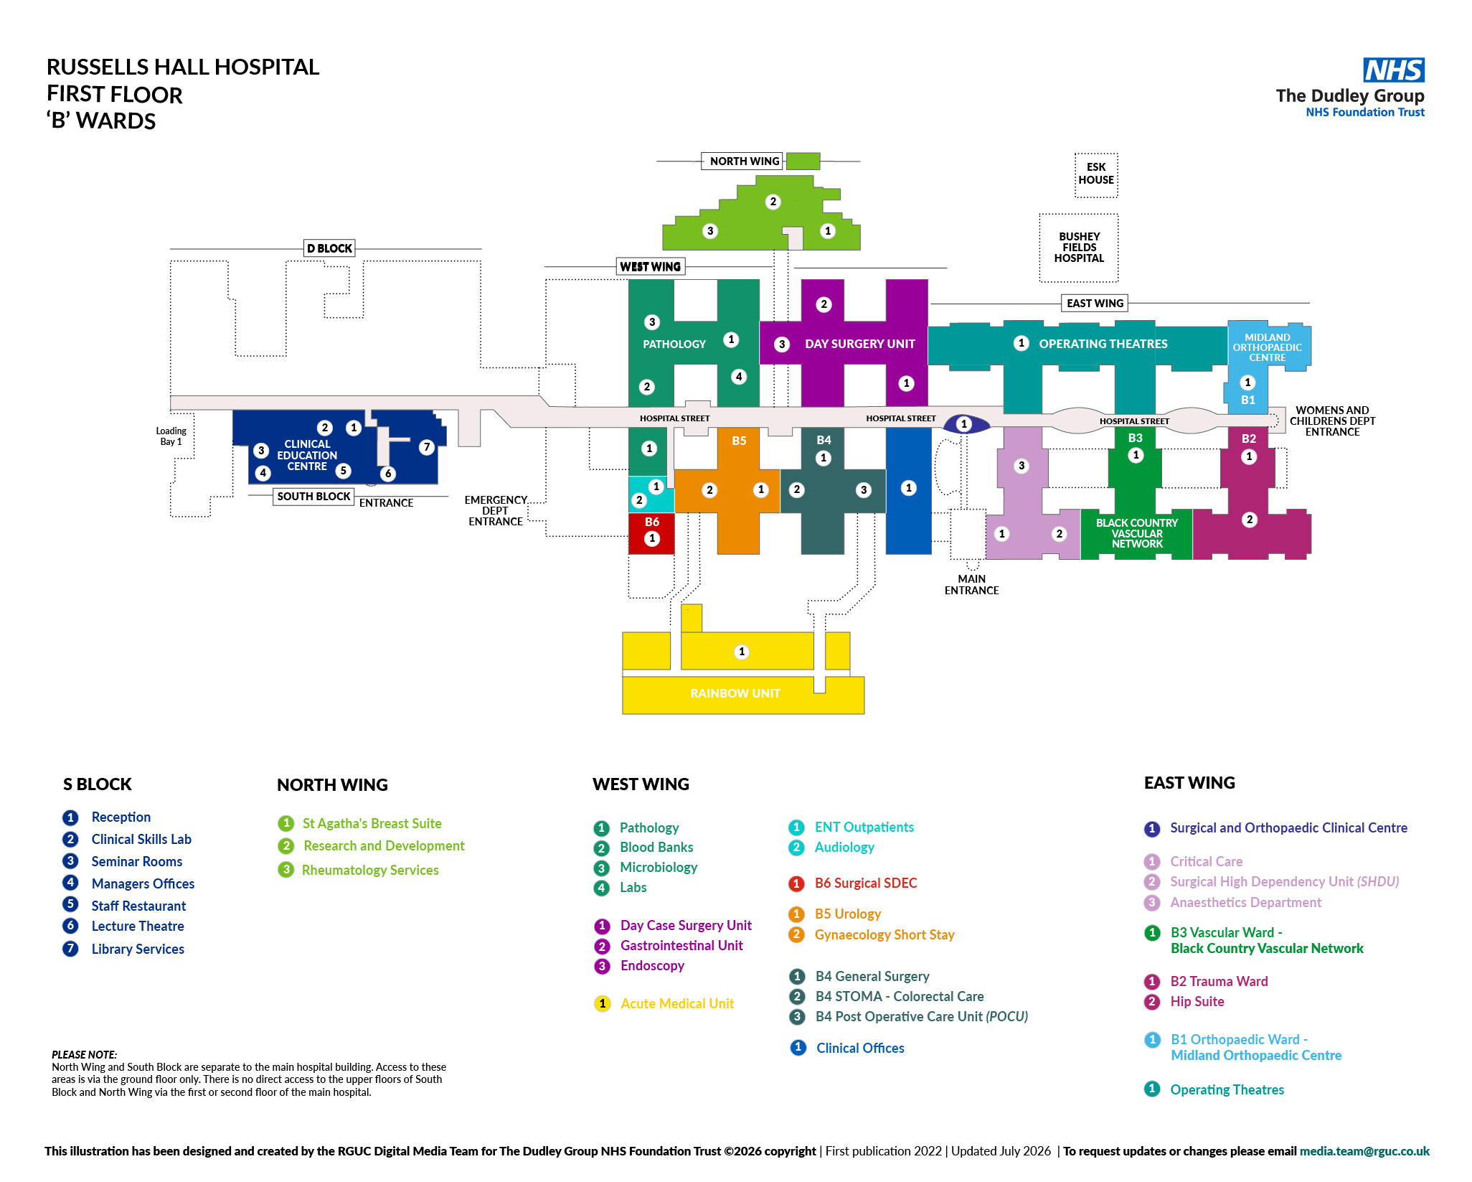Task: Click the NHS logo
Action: pos(1393,70)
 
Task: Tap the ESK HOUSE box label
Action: pos(1096,174)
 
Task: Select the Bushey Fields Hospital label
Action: pos(1079,248)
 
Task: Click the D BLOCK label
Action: pos(330,248)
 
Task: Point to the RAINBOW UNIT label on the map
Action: pos(735,693)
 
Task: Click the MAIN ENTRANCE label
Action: pos(971,585)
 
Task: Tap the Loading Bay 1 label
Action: pos(171,436)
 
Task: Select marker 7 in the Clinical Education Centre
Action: pos(427,447)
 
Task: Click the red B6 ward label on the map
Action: pos(652,522)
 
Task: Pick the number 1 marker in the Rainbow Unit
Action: pos(742,652)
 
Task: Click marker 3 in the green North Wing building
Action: pos(710,231)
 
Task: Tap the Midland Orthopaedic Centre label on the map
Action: pos(1268,347)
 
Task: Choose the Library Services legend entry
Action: pos(138,949)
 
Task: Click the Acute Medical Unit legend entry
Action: pos(677,1003)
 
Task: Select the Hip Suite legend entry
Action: pos(1197,1001)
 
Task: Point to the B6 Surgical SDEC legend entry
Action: pos(866,883)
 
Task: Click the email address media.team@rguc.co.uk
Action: pos(1364,1151)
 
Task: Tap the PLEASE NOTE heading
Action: pos(84,1054)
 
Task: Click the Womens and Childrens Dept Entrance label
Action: pos(1332,421)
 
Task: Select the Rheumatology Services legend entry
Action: pos(370,870)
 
